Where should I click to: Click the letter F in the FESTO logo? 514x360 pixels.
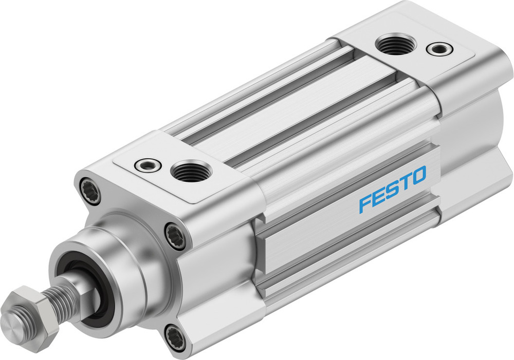tap(365, 203)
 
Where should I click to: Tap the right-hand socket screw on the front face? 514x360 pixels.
tap(175, 236)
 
